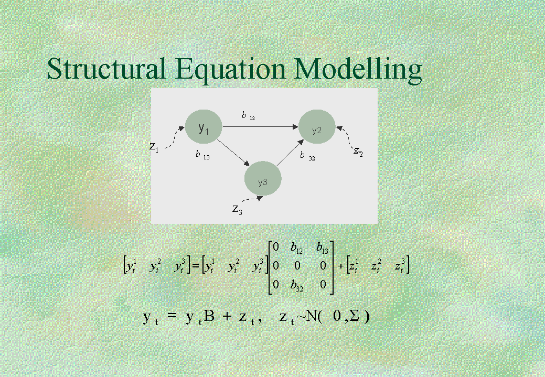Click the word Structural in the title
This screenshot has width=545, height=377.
106,69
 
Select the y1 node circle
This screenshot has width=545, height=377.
204,127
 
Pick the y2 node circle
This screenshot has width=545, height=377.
317,126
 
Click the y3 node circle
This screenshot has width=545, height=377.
263,178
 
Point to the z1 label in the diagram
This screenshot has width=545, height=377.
154,147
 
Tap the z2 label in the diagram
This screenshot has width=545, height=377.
358,151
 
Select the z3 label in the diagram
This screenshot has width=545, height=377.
238,209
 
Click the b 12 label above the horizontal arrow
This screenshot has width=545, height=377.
248,116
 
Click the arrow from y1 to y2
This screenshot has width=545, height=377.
260,127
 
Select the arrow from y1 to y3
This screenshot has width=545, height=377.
233,153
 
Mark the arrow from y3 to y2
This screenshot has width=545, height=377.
290,153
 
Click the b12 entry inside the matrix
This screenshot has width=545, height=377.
296,247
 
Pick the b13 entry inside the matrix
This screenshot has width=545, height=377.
322,247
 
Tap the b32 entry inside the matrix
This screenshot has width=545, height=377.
296,285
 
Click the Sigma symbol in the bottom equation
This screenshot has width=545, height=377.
354,316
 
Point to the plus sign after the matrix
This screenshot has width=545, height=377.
340,266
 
